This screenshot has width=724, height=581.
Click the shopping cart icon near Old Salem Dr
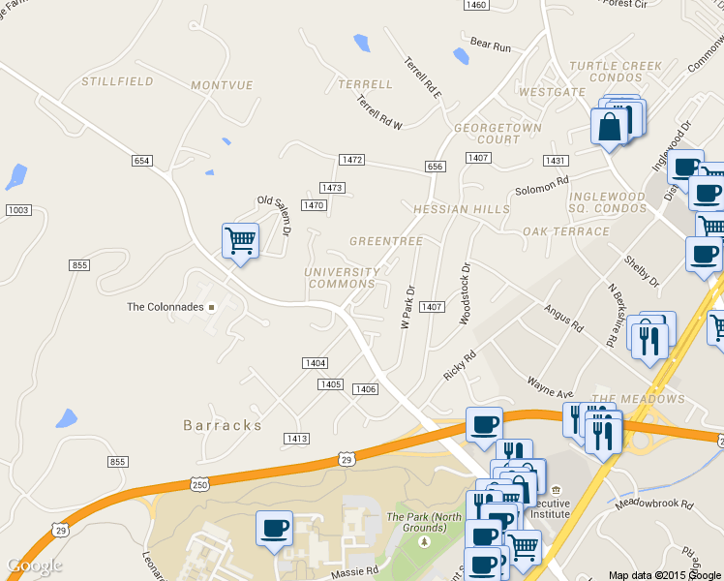240,239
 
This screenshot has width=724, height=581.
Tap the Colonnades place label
166,307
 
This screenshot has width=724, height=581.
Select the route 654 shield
142,161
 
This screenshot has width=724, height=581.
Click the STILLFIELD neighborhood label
117,82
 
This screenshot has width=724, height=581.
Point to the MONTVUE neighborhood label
222,86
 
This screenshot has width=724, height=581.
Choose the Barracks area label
223,425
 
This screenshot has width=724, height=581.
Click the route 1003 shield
17,210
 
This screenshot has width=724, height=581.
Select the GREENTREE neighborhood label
386,241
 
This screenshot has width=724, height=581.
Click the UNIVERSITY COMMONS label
342,278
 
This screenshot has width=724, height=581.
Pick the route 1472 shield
351,159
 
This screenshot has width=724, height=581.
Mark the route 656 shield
435,168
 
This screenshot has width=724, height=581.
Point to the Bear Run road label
490,45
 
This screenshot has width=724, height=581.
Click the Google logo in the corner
34,566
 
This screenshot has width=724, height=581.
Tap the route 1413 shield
296,439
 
